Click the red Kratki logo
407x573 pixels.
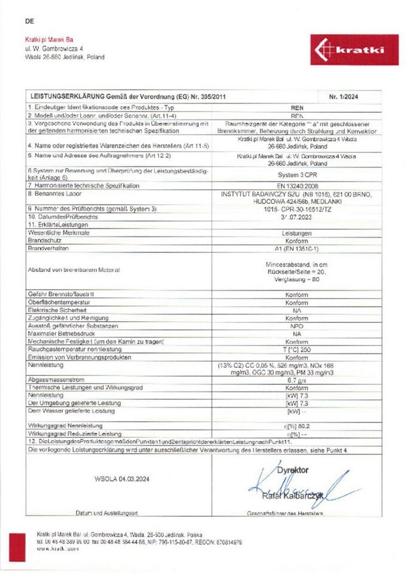(x=354, y=50)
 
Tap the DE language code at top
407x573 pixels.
(x=30, y=21)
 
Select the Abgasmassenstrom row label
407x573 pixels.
(x=54, y=380)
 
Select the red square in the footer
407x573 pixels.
(x=17, y=547)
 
